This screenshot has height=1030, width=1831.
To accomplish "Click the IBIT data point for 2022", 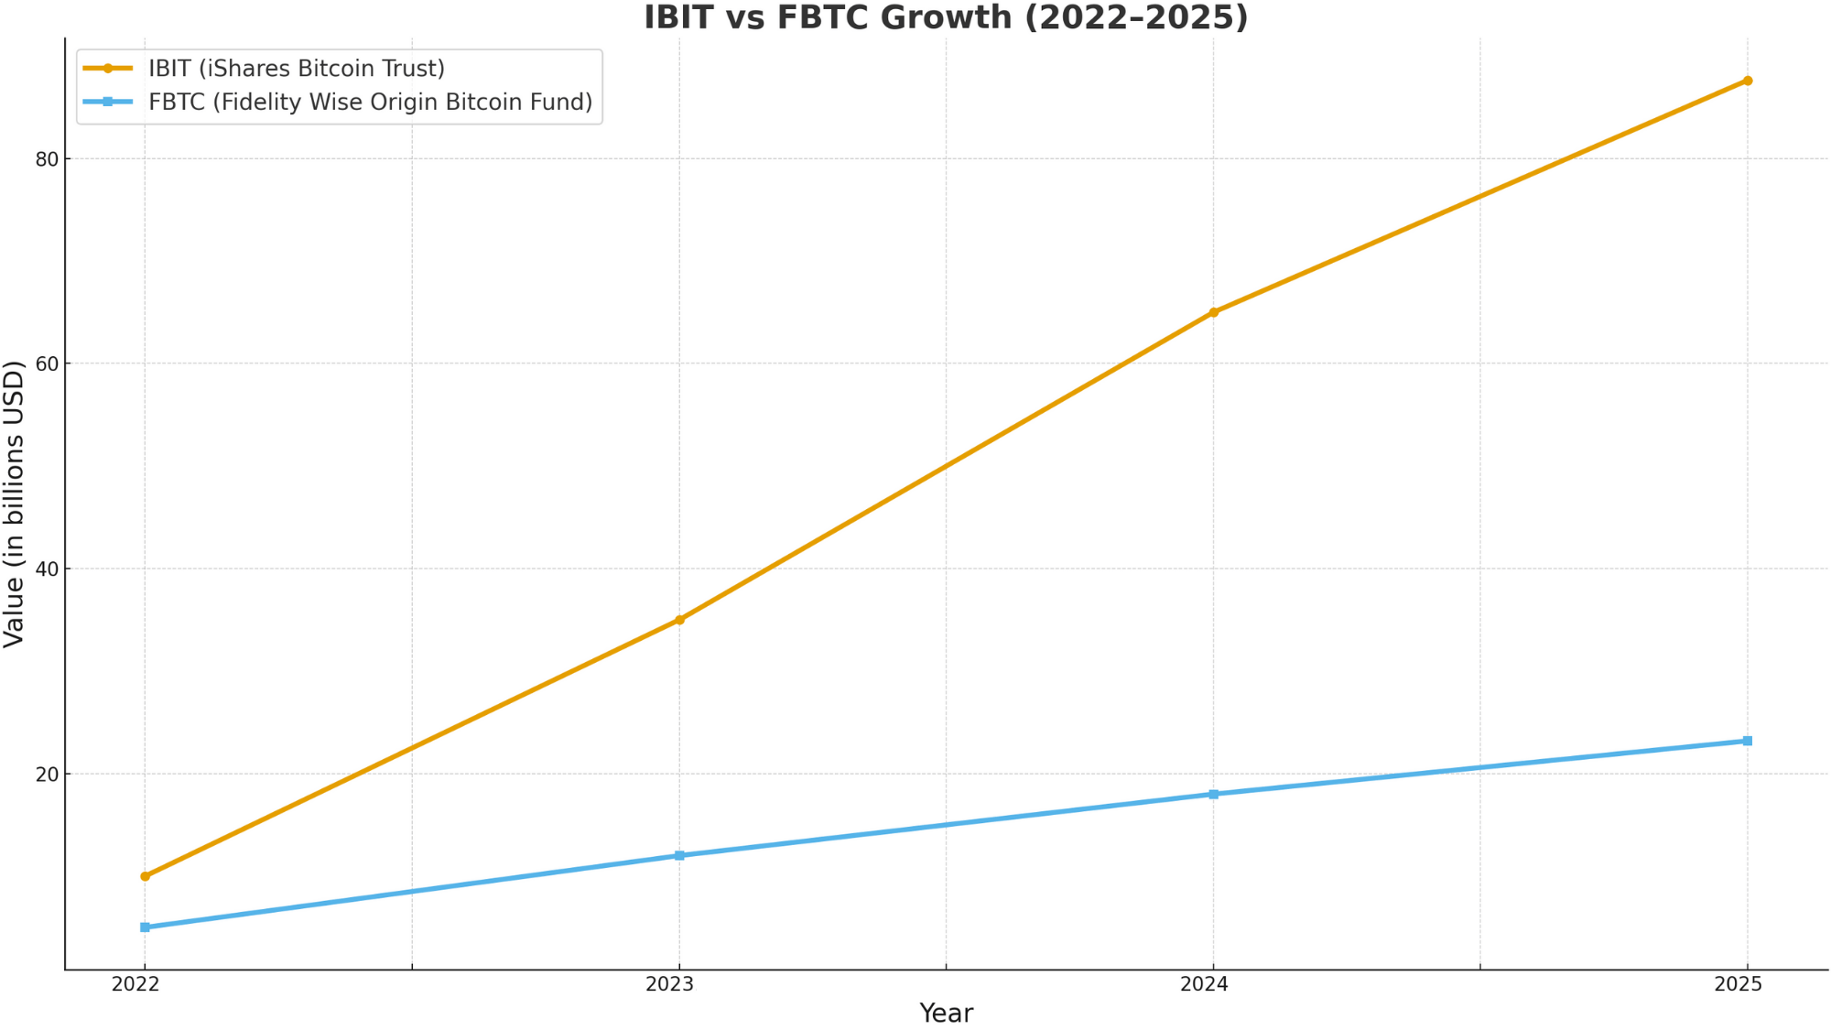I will click(145, 876).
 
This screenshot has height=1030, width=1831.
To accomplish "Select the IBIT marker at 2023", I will click(679, 620).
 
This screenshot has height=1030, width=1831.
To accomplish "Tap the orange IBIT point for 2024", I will click(1213, 312).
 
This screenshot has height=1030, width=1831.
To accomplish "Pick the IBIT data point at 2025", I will click(1747, 81).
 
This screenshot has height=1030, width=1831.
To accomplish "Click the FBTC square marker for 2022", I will click(145, 927).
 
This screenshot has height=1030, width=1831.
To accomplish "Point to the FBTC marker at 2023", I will click(679, 855).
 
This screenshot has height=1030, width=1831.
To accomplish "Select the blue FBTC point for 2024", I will click(1213, 794).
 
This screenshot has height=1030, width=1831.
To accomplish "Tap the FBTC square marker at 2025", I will click(1747, 741).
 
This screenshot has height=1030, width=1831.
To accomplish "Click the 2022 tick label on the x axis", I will click(135, 984).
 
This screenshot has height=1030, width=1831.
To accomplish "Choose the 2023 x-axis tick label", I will click(670, 984).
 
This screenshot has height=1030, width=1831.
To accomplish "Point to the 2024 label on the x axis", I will click(1205, 984).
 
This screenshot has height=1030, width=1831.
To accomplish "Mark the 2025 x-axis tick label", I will click(1739, 984).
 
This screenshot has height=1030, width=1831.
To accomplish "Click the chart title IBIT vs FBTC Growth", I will click(946, 17).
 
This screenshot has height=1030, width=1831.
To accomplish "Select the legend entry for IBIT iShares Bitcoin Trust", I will click(297, 69).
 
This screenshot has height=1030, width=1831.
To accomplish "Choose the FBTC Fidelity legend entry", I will click(370, 102).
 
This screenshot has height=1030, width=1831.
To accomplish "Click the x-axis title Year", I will click(946, 1014).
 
